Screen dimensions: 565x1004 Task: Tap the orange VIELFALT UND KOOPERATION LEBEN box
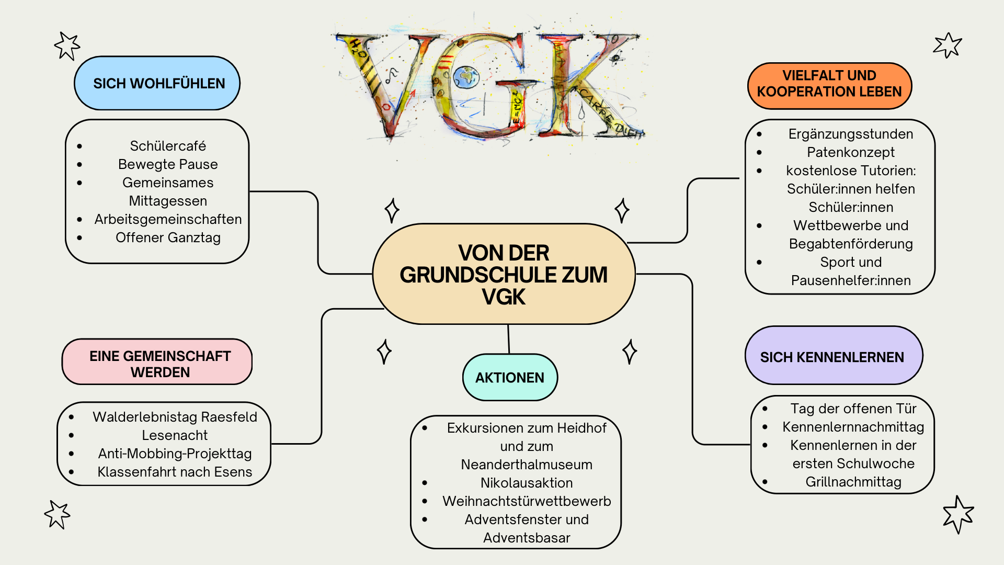[829, 84]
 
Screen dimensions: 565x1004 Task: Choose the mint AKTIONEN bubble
[510, 377]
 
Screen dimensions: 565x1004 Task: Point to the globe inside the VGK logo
[465, 77]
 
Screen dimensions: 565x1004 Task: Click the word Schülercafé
[168, 145]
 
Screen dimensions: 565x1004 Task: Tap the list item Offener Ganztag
[168, 238]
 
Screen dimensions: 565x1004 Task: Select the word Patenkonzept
[851, 152]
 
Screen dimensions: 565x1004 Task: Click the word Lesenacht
[175, 435]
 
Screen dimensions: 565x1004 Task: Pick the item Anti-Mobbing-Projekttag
[175, 454]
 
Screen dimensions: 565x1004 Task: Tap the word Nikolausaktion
[527, 483]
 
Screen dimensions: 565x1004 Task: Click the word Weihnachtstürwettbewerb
[527, 501]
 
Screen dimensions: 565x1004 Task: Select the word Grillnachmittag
[853, 482]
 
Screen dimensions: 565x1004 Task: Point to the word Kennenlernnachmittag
[853, 427]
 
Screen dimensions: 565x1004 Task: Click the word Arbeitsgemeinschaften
[168, 219]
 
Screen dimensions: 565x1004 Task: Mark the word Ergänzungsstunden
[851, 134]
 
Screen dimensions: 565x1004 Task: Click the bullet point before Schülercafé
[79, 146]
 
